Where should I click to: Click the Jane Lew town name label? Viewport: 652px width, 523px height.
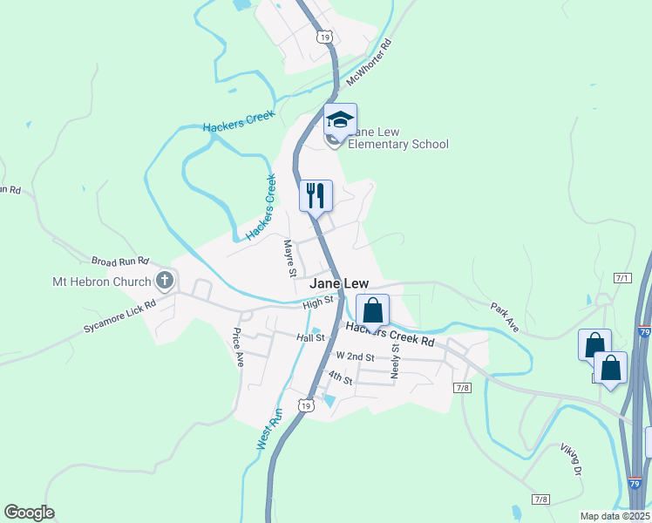pos(340,284)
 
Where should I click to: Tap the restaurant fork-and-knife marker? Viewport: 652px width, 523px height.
pos(316,194)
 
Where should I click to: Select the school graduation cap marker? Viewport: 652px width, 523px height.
pos(340,119)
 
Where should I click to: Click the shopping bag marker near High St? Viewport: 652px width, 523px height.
pos(372,310)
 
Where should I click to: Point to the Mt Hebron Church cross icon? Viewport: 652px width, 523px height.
pos(164,281)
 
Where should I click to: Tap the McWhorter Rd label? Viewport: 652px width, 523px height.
pos(370,62)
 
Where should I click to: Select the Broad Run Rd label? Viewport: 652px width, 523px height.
pos(120,261)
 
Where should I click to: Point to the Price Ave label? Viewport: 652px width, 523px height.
pos(236,347)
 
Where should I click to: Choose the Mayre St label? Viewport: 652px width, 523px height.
pos(289,258)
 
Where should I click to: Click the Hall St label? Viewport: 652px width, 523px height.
pos(309,337)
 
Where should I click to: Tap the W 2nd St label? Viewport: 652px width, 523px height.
pos(355,357)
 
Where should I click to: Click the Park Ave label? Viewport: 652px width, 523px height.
pos(505,317)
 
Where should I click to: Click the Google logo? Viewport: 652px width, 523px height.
pos(29,513)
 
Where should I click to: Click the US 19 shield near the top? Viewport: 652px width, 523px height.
pos(323,37)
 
